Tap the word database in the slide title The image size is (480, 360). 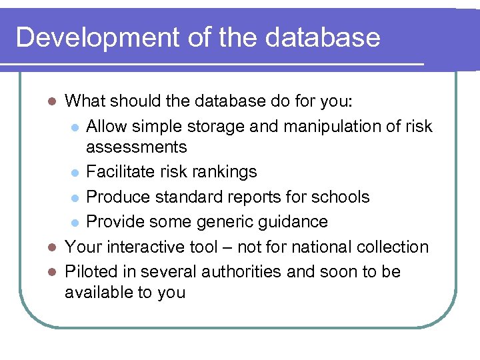322,37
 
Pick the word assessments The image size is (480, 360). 137,147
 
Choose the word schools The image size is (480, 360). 338,197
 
